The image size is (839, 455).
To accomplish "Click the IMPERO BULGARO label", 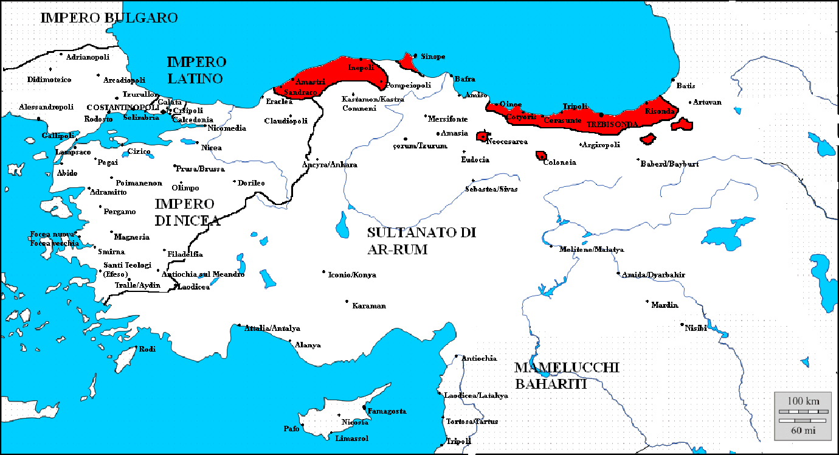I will pos(109,18).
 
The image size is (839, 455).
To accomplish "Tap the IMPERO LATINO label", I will pos(196,70).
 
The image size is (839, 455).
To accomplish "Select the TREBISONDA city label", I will pos(612,124).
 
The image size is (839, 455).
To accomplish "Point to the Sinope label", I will pos(433,57).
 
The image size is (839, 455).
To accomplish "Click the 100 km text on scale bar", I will pos(803,401).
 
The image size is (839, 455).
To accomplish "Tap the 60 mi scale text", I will pos(803,430).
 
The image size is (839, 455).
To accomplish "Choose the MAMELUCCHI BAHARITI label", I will pos(566,375).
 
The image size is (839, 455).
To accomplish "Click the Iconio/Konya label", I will pos(352,275).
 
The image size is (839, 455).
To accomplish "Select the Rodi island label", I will pos(148,349).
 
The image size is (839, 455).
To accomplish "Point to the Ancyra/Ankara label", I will pos(330,165).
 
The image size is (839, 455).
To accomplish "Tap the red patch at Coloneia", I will pos(540,156).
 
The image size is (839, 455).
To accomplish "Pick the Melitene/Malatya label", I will pos(592,249).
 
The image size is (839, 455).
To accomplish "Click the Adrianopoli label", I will pos(88,57).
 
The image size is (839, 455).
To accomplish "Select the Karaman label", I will pos(369,306).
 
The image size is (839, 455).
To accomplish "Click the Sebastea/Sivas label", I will pos(492,189).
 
